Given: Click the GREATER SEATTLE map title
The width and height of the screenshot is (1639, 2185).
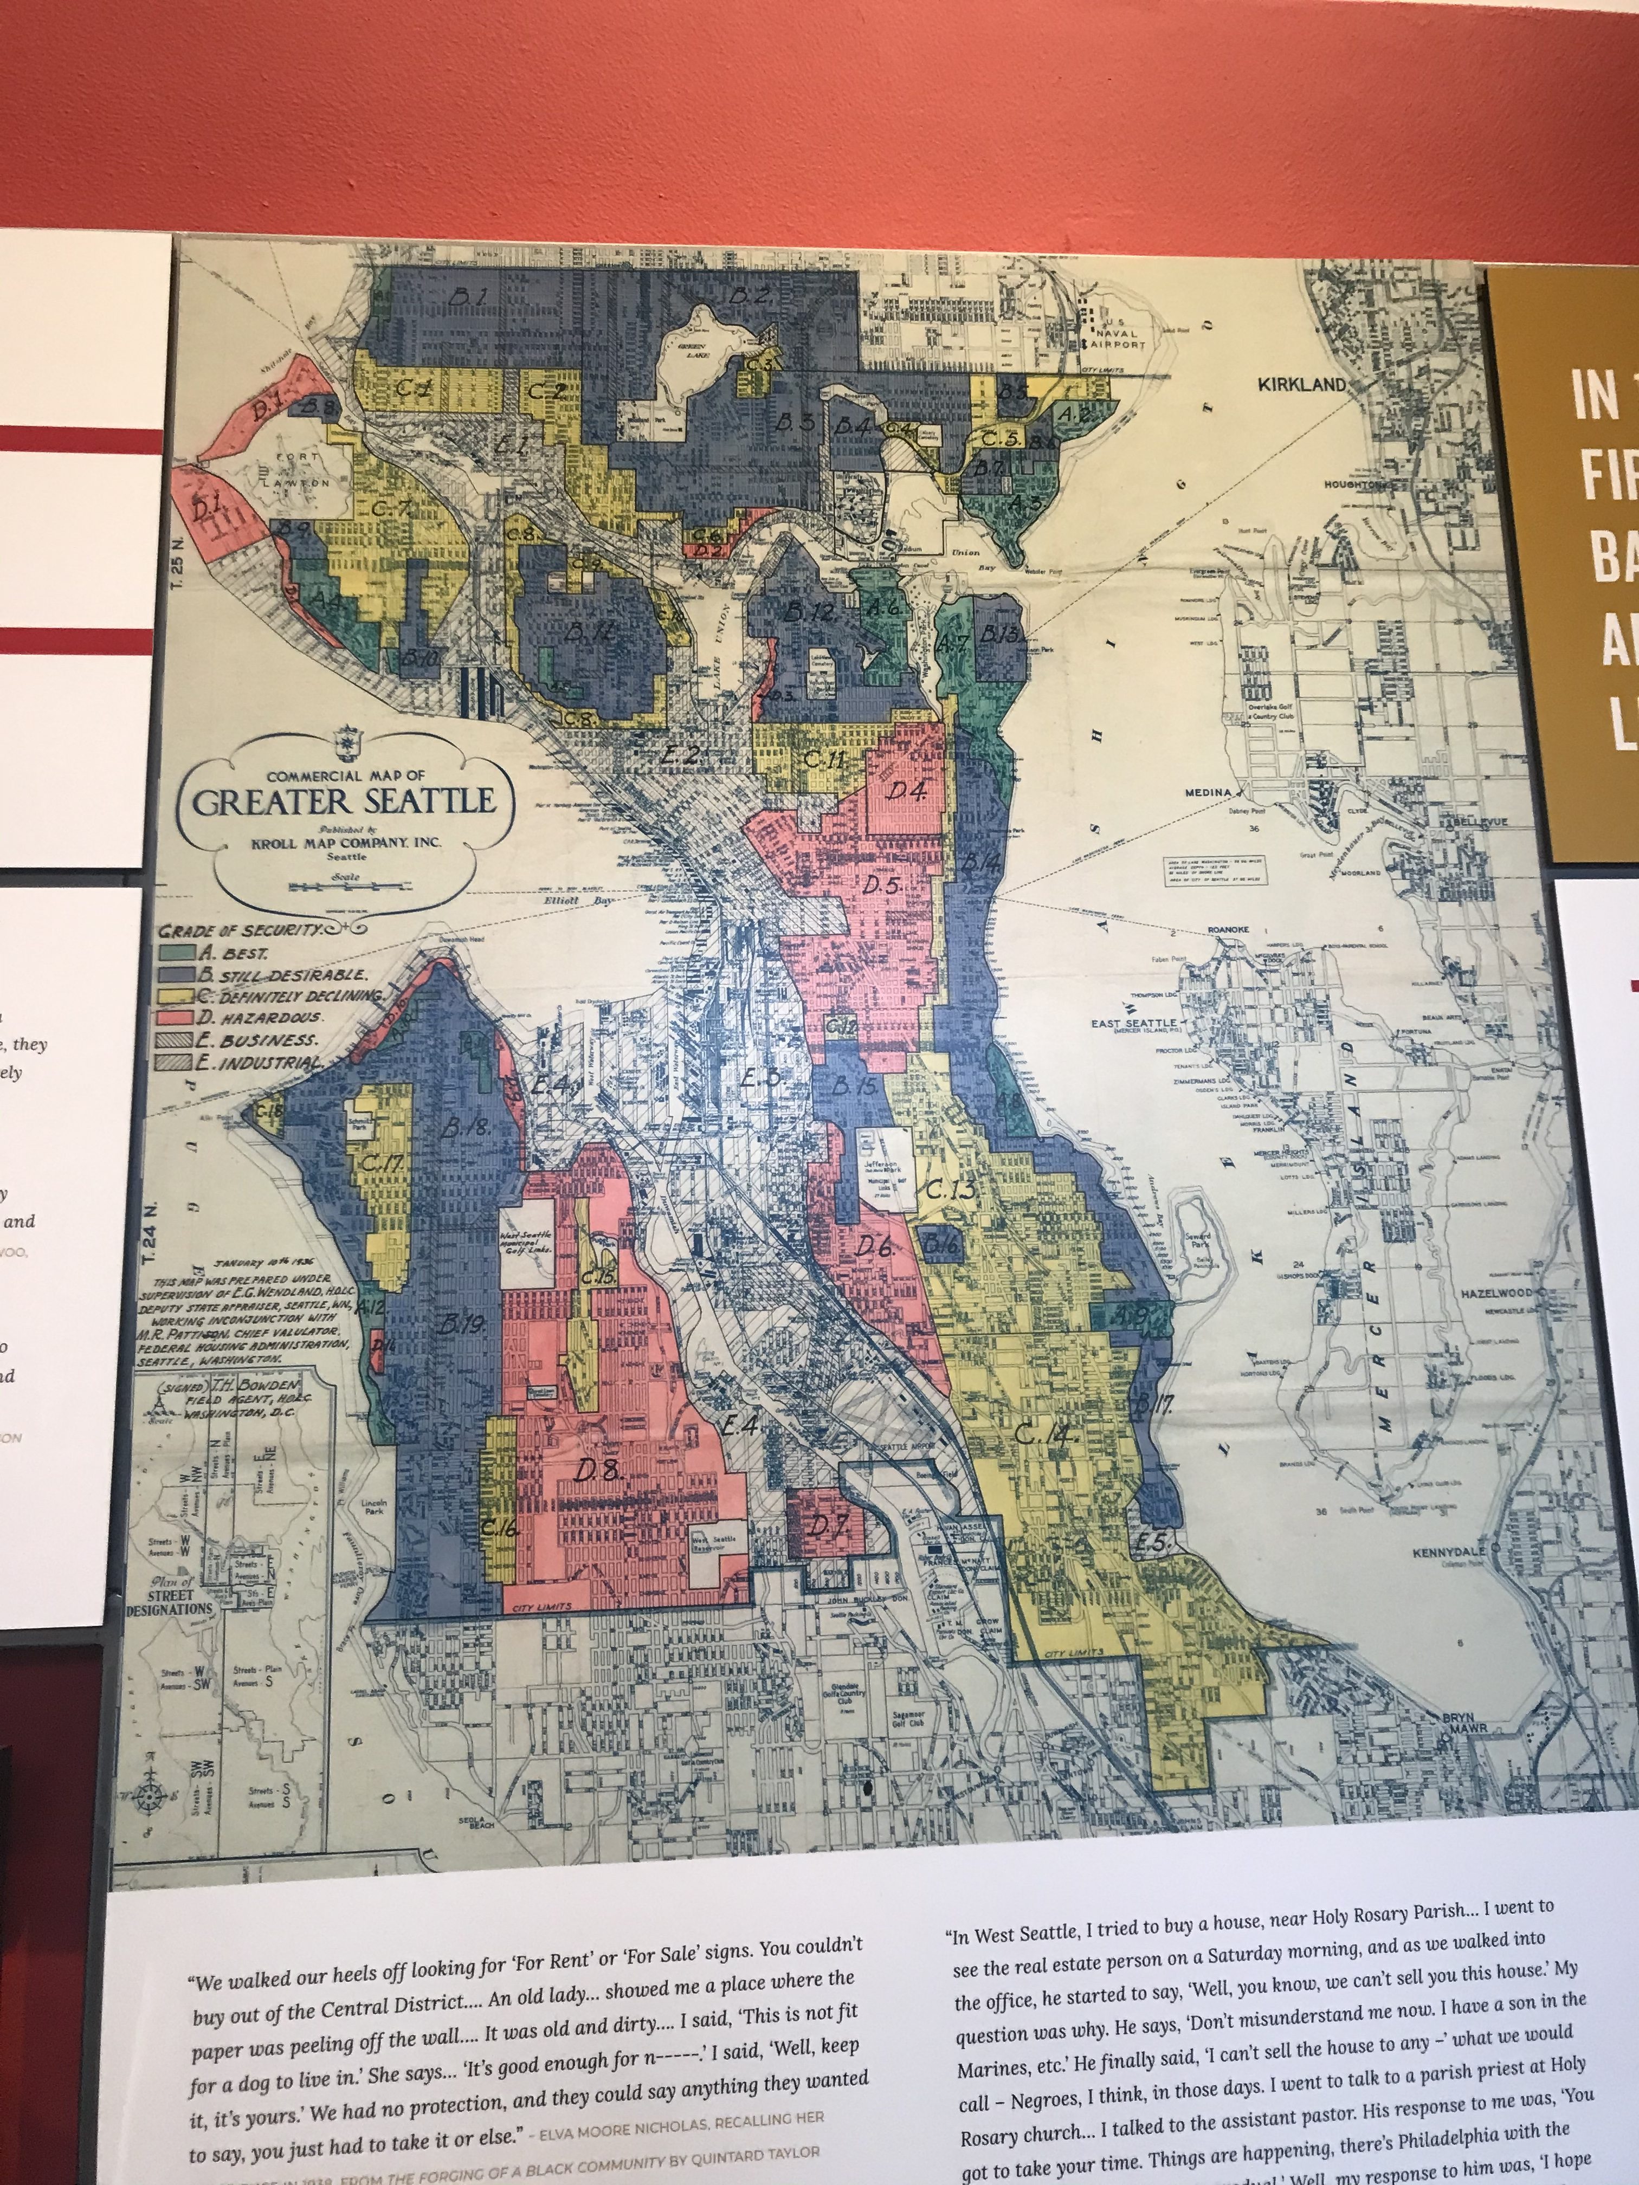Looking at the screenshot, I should pos(344,801).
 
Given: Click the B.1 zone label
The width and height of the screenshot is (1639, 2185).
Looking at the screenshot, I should pos(470,296).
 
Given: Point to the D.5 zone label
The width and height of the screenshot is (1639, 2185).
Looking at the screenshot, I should pos(881,886).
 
